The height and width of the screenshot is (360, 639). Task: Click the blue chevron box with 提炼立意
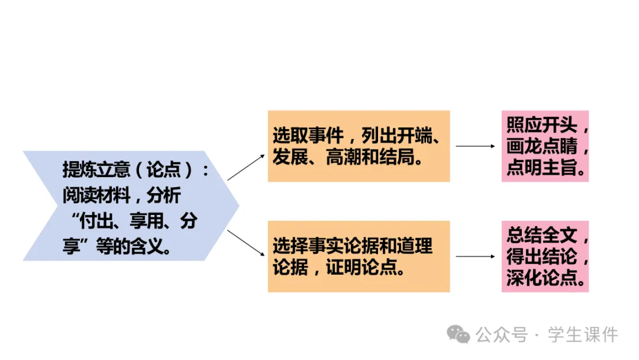coord(130,205)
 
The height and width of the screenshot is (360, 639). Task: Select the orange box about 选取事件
coord(359,146)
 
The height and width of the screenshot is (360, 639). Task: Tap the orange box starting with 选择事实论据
coord(359,256)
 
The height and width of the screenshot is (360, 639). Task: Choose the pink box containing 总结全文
coord(545,256)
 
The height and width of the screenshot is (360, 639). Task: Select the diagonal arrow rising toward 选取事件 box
coord(246,167)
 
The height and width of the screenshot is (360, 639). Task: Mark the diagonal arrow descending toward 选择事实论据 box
coord(246,243)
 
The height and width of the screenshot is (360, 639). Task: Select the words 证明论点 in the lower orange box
coord(366,268)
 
